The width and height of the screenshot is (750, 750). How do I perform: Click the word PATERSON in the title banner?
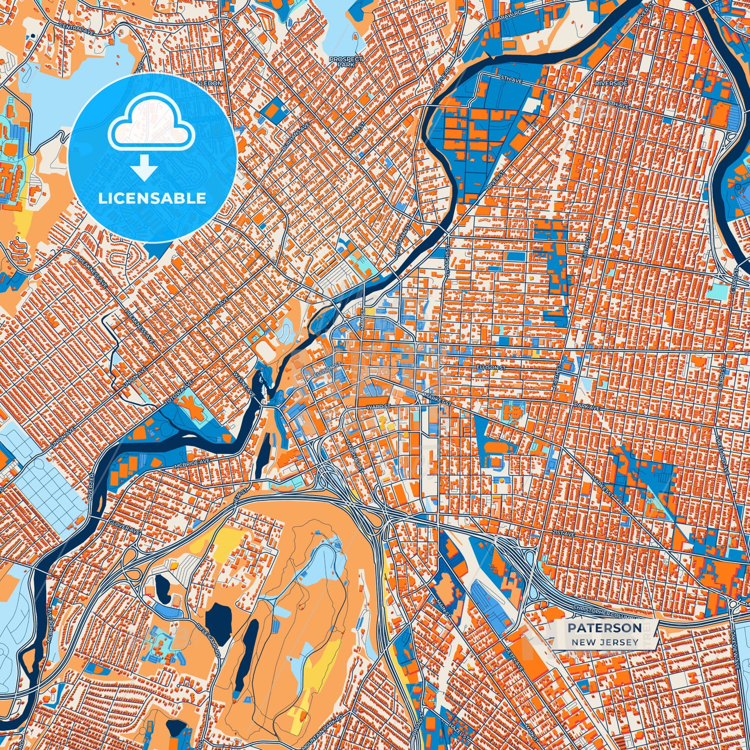tap(604, 628)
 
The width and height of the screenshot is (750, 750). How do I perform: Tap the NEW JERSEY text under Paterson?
tap(605, 642)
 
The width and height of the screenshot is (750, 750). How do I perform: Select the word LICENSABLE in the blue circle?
tap(152, 198)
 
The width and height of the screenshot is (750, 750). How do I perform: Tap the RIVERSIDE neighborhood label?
tap(611, 83)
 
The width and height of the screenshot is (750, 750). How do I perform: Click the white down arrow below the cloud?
tap(144, 169)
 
